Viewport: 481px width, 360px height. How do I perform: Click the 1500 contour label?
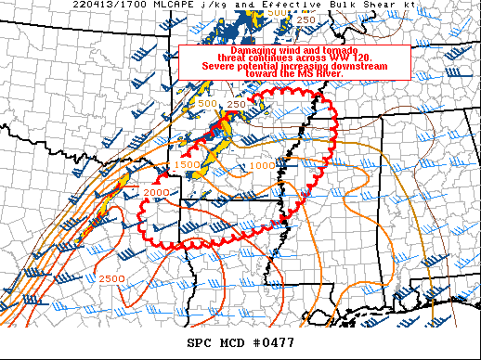click(x=188, y=163)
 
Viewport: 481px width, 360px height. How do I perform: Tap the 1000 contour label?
click(x=262, y=165)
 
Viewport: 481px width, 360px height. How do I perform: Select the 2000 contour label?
click(x=156, y=191)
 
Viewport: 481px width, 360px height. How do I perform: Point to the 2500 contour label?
click(x=111, y=278)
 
